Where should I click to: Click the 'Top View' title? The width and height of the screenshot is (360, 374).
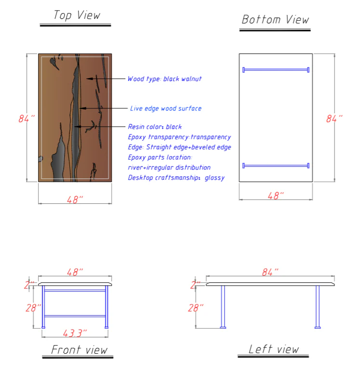[77, 15]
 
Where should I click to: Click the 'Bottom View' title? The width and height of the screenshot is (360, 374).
[275, 20]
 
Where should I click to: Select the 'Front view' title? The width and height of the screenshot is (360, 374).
[79, 349]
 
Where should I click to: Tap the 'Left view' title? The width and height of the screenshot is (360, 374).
[273, 349]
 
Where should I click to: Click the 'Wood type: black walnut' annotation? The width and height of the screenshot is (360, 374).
[164, 79]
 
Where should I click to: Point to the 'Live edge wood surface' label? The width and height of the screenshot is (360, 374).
[166, 108]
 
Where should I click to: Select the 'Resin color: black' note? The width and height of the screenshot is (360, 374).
[155, 127]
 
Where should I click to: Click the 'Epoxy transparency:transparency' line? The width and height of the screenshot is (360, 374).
[179, 137]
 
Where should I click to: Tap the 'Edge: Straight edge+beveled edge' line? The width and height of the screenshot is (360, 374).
[179, 147]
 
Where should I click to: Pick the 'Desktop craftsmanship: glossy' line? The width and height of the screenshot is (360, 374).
[176, 178]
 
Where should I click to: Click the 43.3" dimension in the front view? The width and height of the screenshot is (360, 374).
[75, 333]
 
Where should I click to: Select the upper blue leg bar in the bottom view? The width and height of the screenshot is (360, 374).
[276, 70]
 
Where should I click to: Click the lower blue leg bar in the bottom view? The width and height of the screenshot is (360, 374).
[276, 166]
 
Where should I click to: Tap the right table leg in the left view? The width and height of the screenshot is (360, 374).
[318, 307]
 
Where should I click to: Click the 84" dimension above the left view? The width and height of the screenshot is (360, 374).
[270, 273]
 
